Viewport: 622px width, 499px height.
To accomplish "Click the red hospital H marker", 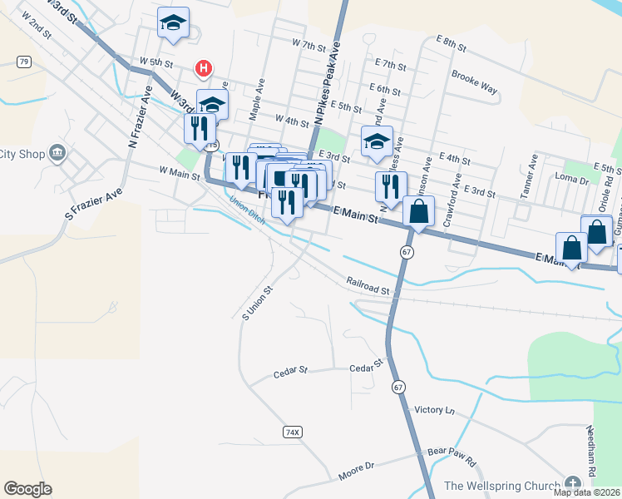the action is [x=202, y=68].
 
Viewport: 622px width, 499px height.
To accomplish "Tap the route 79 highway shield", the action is [x=24, y=62].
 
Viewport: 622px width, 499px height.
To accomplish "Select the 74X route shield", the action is [x=291, y=432].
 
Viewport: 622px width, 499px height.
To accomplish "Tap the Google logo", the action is [x=27, y=489].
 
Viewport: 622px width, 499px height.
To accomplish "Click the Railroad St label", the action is [x=368, y=288].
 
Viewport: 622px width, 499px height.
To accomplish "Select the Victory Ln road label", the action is [x=435, y=410].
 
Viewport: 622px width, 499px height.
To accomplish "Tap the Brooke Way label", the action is [x=474, y=80].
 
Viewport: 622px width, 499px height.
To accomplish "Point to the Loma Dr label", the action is [x=571, y=178].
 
